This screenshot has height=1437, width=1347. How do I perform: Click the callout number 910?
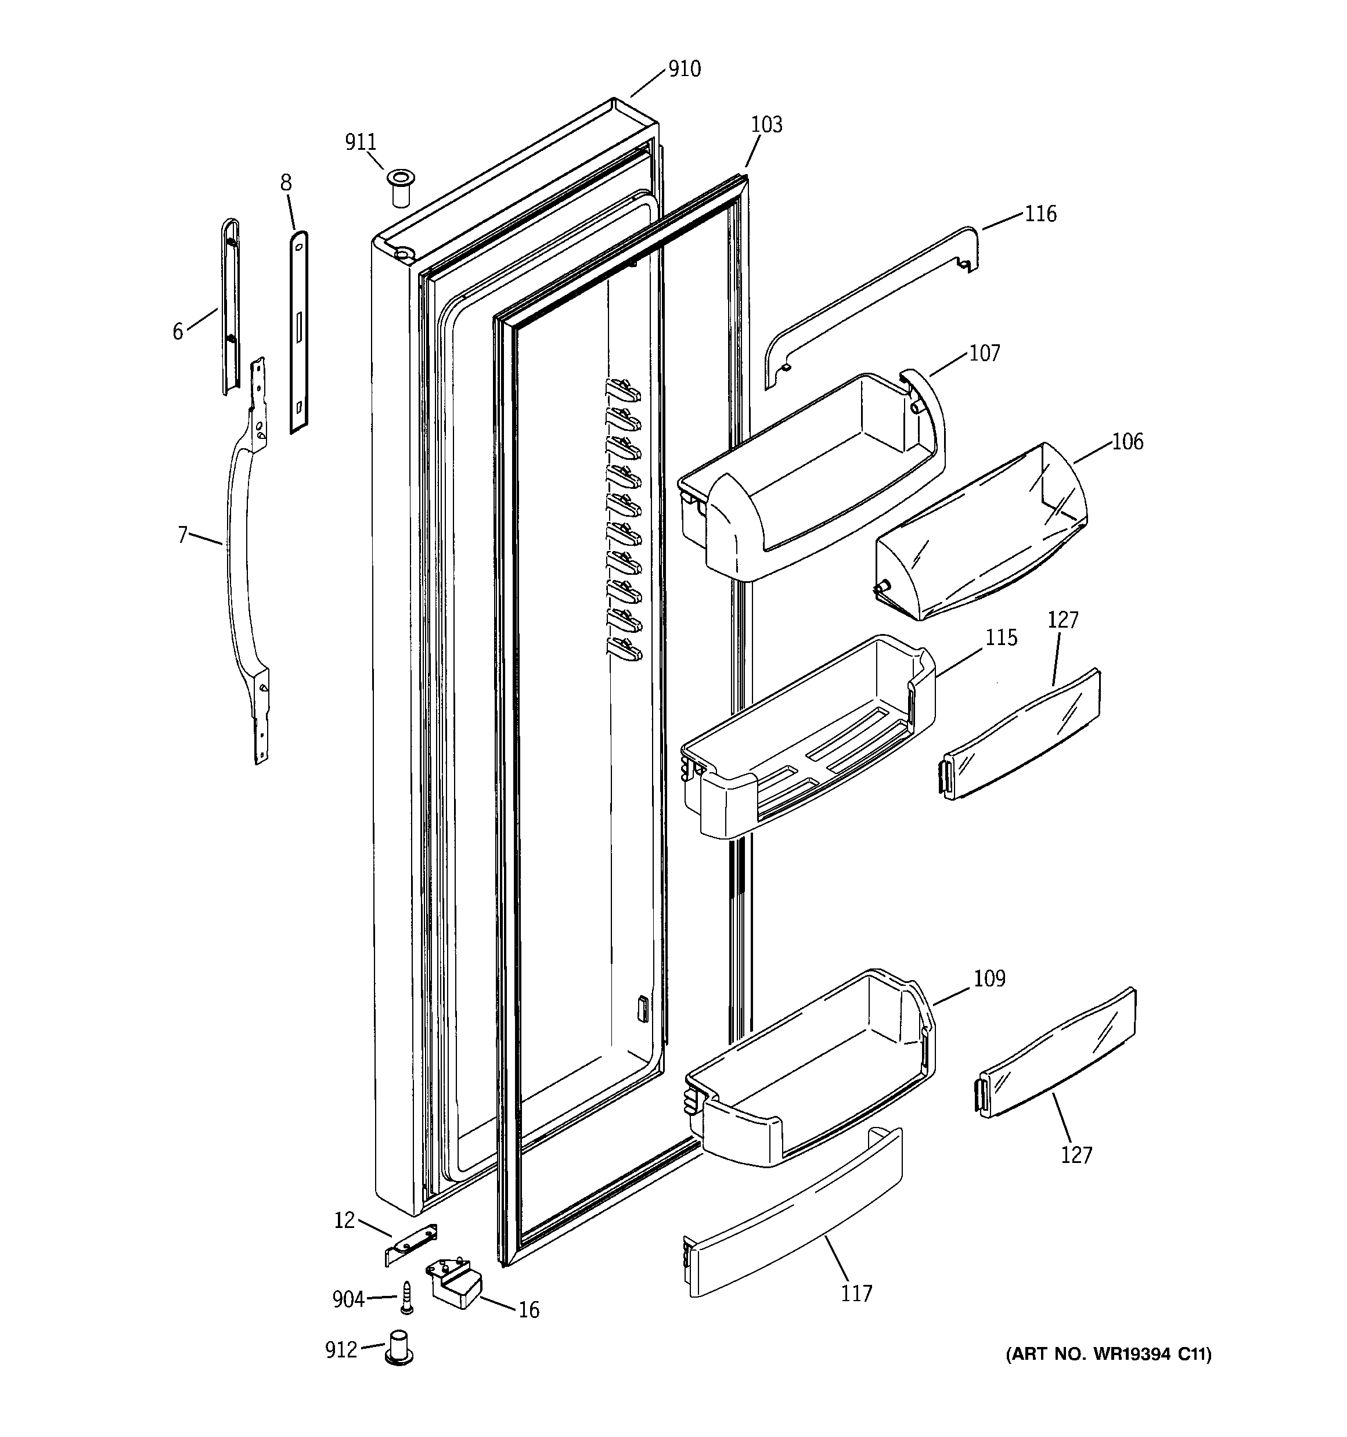pos(683,70)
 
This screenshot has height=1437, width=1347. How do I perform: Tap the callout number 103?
pos(766,125)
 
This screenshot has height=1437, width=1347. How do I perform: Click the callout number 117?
pos(856,1293)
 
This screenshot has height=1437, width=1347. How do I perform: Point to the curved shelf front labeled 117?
pos(795,1222)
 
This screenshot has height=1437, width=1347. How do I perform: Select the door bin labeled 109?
pos(810,1070)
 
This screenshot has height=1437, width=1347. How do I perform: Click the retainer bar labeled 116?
pos(867,304)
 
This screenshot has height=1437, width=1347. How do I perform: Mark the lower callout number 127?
pos(1076,1155)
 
